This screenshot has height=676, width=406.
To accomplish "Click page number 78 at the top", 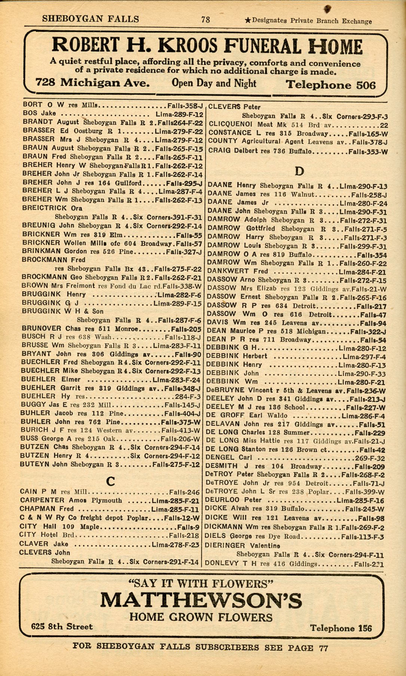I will pyautogui.click(x=205, y=19).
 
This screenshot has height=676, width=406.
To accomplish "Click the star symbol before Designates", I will pyautogui.click(x=247, y=21).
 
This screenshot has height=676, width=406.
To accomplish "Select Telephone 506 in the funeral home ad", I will pyautogui.click(x=330, y=85).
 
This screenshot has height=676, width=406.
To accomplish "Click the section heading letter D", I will pyautogui.click(x=299, y=171).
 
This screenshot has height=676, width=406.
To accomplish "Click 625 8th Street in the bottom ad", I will pyautogui.click(x=62, y=626).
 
